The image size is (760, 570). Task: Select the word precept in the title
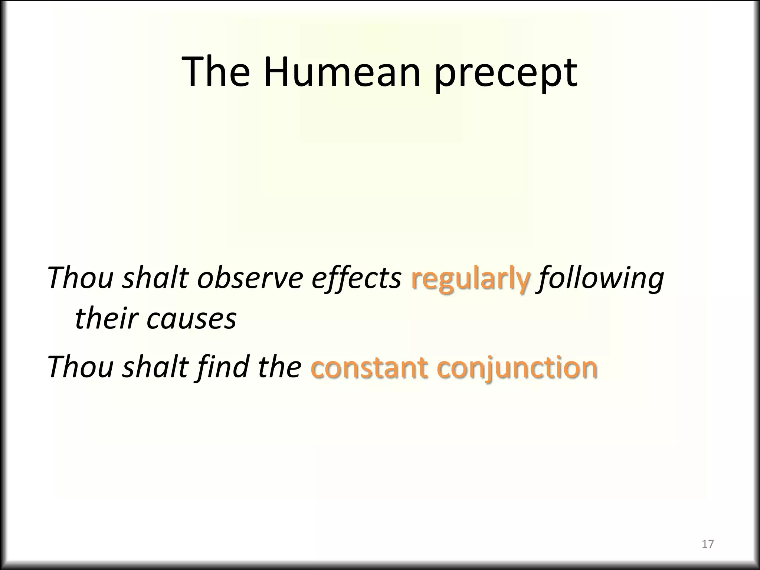click(x=506, y=74)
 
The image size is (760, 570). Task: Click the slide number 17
click(x=708, y=544)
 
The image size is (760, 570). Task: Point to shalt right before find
click(x=155, y=367)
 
